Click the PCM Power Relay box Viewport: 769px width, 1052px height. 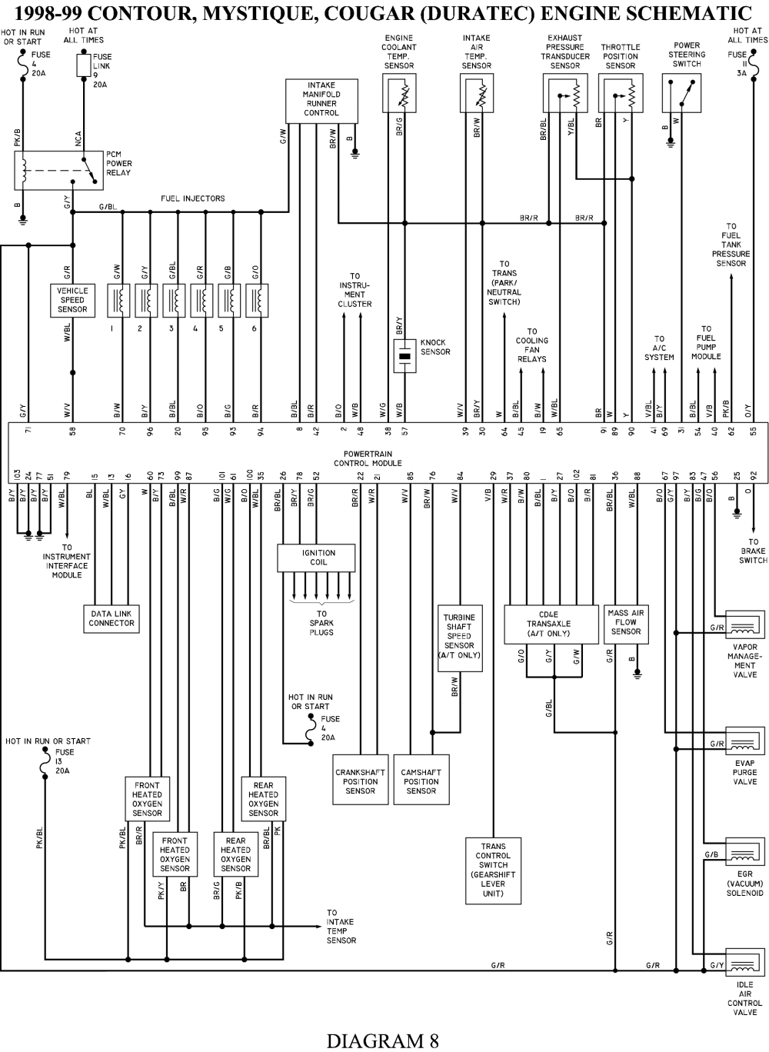click(58, 170)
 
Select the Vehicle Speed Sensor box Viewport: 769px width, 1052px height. click(72, 300)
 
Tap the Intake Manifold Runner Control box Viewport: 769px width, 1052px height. click(321, 101)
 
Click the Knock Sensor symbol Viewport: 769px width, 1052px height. click(404, 355)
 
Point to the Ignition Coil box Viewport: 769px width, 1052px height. click(316, 558)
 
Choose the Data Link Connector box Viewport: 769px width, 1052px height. click(112, 618)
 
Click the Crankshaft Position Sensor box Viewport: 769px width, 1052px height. click(361, 781)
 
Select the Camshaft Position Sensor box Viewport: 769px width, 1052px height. click(421, 781)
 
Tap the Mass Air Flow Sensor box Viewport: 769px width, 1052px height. click(626, 624)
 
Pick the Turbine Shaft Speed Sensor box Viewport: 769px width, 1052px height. click(460, 638)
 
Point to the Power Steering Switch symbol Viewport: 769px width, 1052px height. click(681, 93)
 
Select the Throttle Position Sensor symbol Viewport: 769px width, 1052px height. click(621, 93)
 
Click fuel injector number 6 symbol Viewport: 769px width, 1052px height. click(257, 300)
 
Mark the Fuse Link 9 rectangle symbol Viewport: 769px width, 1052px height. click(84, 65)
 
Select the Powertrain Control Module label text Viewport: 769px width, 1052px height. click(368, 458)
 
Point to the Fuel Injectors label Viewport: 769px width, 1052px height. click(192, 198)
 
